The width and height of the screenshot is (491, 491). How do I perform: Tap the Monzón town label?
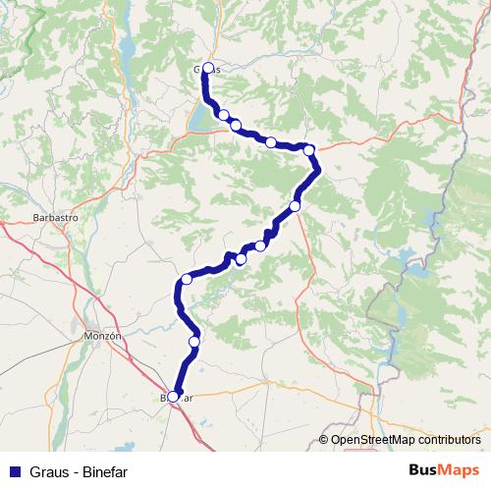tap(102, 335)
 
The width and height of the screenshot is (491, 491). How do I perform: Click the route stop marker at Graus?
tap(208, 68)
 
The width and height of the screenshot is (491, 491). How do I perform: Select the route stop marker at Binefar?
tap(174, 397)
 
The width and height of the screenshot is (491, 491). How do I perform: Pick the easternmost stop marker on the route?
tap(309, 150)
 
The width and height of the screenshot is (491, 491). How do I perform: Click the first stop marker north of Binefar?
tap(194, 342)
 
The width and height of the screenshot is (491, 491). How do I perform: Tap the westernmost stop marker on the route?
tap(174, 397)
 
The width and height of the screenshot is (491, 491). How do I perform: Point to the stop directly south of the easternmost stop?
tap(295, 206)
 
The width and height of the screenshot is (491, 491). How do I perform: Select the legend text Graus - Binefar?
tap(80, 471)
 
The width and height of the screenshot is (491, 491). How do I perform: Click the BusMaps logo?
tap(444, 470)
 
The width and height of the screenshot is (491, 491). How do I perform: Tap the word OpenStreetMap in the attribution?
tap(369, 440)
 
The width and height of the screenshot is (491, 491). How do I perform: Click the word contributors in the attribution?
tap(446, 440)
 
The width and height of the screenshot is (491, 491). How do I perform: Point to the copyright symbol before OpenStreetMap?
tap(324, 440)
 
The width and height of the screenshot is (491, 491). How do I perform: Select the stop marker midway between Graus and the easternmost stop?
tap(270, 142)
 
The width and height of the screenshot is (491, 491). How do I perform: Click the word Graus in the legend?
tap(48, 471)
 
